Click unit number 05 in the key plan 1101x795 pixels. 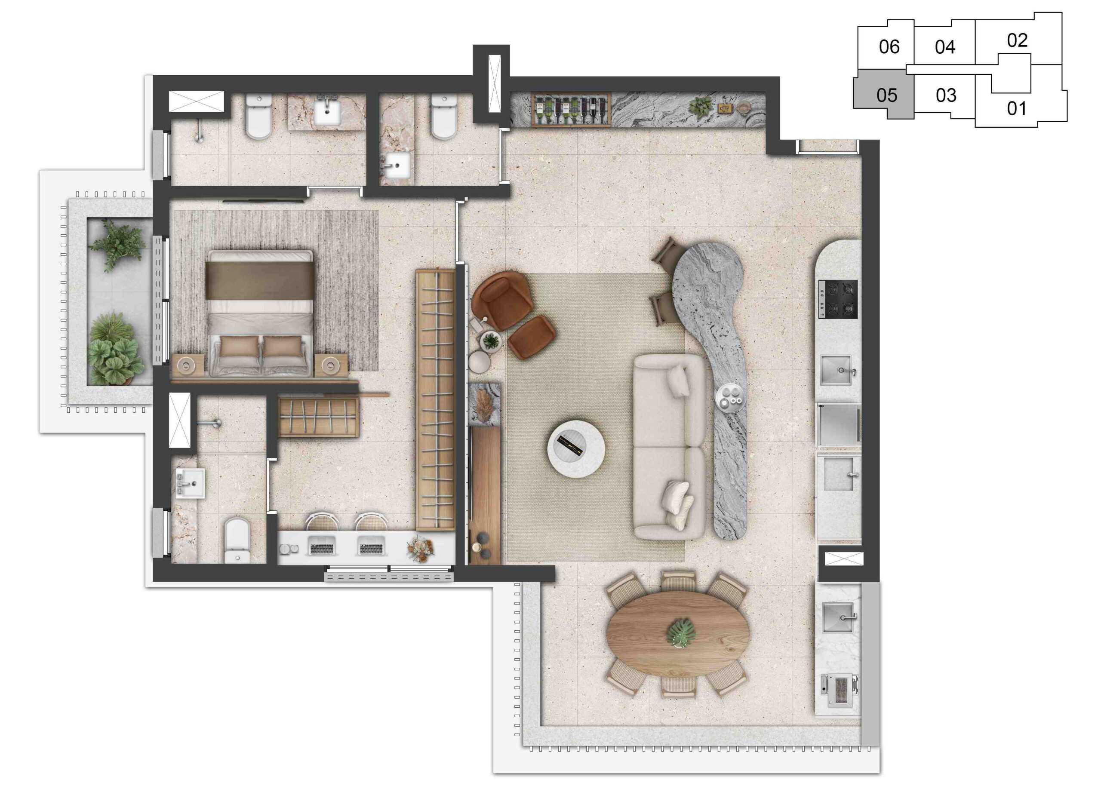886,95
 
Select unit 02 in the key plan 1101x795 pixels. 1017,40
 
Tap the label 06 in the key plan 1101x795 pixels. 889,46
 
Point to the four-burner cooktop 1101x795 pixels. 838,299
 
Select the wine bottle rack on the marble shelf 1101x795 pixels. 571,111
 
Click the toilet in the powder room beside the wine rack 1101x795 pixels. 444,117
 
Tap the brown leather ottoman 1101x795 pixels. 532,338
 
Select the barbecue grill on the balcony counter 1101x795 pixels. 839,690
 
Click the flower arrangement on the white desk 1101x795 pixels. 420,549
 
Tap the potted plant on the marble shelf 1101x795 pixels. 701,108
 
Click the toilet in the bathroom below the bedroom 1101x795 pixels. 237,540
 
